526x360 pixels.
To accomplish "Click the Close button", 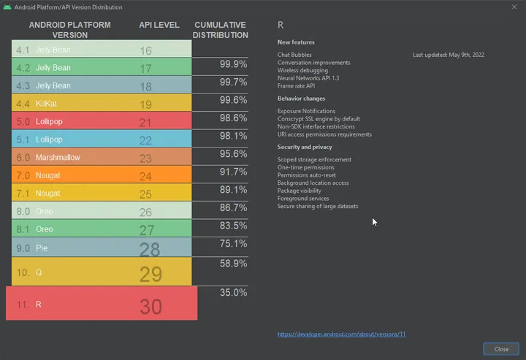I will tap(501, 349).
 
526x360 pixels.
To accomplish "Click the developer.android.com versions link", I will tap(341, 334).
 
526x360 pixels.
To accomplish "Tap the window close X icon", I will tap(514, 7).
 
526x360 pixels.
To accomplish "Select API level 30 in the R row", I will tap(150, 307).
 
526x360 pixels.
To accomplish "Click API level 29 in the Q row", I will tap(150, 273).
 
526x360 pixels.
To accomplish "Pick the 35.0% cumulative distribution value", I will tap(233, 293).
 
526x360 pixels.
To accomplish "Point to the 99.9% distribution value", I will tap(233, 65).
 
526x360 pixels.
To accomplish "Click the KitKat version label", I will tap(46, 104).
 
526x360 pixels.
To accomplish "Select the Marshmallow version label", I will tap(58, 158).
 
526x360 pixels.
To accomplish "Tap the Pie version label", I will tap(42, 248).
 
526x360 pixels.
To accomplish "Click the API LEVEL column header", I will tap(159, 25).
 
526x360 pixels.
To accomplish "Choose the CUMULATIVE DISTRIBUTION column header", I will tap(221, 30).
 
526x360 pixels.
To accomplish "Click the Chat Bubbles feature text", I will tap(294, 55).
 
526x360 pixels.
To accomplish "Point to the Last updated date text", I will tap(449, 55).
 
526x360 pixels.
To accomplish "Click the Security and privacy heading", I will tap(305, 148).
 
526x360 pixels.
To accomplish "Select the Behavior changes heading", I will tap(302, 99).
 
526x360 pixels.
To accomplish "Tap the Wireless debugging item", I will tap(303, 70).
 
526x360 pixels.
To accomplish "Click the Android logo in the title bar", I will tap(7, 7).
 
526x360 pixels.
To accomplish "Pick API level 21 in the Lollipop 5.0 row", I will tap(145, 122).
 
